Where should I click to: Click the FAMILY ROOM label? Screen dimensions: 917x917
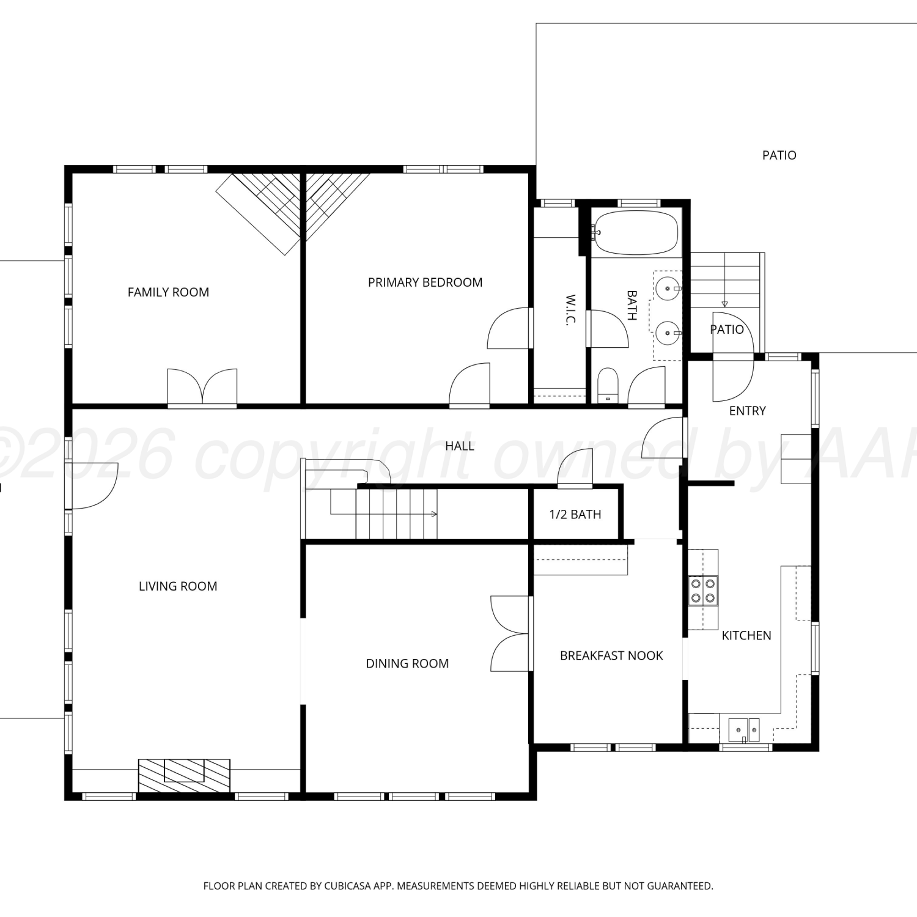(x=168, y=292)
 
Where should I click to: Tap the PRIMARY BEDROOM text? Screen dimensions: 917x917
(x=425, y=282)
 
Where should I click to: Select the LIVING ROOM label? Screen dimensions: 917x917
(x=178, y=586)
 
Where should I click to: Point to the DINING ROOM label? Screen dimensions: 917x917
(x=407, y=663)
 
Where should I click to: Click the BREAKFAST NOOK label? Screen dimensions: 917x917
(x=611, y=655)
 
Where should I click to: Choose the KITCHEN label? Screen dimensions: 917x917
(x=746, y=635)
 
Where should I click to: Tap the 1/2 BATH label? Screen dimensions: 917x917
(x=575, y=514)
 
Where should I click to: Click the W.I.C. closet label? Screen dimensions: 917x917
(x=570, y=310)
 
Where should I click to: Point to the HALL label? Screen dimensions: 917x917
(x=460, y=446)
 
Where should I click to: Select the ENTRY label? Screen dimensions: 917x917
(x=747, y=411)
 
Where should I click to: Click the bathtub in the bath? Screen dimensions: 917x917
(x=636, y=233)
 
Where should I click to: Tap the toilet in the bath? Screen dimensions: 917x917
(x=608, y=385)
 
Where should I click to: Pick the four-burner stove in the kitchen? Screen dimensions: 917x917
(x=703, y=591)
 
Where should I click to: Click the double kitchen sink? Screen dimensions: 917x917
(x=744, y=729)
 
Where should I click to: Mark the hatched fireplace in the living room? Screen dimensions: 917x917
(x=184, y=775)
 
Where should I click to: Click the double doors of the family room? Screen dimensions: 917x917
(x=202, y=387)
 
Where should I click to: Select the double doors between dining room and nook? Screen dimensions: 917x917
(x=510, y=633)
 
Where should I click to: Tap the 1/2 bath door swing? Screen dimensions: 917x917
(x=575, y=468)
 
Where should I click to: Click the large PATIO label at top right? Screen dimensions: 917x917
(x=779, y=155)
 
